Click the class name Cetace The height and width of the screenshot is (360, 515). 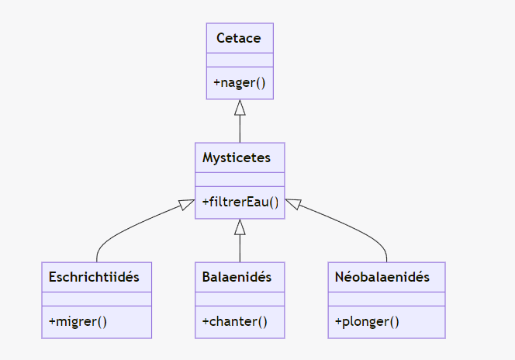(x=239, y=38)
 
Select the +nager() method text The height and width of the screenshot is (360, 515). (x=239, y=83)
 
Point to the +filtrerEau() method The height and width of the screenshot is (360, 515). (x=240, y=202)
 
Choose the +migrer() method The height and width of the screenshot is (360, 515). (x=78, y=322)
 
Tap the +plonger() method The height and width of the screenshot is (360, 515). (x=367, y=322)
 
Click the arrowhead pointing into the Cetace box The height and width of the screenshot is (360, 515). (x=240, y=107)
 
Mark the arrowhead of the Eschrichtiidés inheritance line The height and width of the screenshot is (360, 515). (x=186, y=205)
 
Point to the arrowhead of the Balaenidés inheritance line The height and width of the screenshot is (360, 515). (x=240, y=227)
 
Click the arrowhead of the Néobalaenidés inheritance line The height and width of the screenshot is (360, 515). (x=293, y=205)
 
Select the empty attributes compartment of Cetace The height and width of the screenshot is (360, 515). (x=240, y=61)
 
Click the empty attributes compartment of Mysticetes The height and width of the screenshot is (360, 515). (x=240, y=180)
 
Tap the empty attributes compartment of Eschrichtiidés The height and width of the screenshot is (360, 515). (x=96, y=299)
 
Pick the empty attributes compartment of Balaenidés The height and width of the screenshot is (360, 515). (x=240, y=299)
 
